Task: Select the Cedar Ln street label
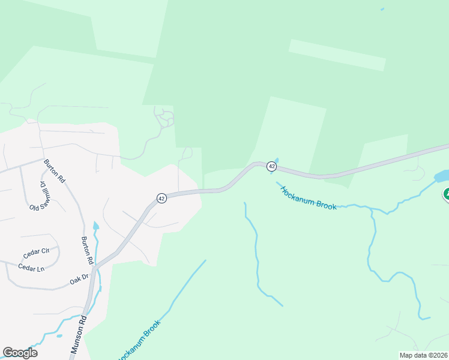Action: [31, 268]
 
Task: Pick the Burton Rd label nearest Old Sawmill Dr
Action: [53, 171]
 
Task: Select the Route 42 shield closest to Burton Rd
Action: [161, 198]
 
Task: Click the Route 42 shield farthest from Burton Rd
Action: [272, 166]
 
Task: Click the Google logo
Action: [20, 353]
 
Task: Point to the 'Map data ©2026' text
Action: [424, 355]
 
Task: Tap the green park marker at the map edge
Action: [446, 194]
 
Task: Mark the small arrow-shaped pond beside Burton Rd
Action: [95, 227]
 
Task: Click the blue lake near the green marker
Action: [441, 176]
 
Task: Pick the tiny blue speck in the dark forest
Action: [382, 9]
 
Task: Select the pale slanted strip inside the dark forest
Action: [337, 55]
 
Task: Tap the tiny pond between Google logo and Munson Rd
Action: [59, 335]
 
